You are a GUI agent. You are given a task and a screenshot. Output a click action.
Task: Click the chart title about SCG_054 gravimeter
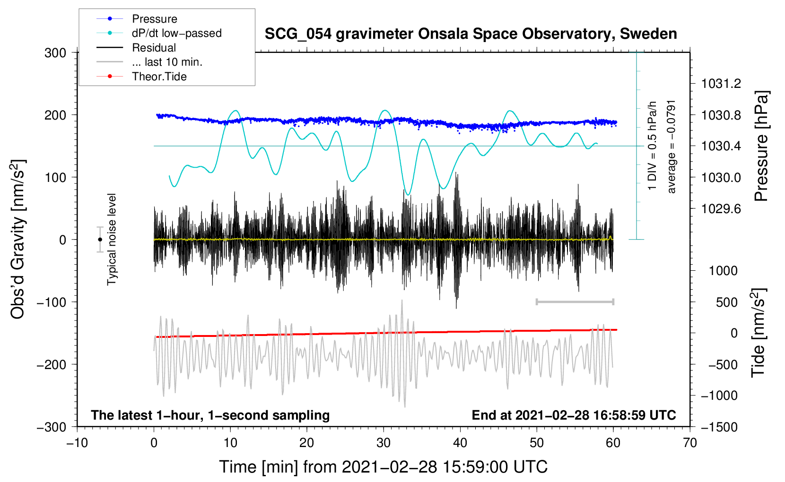(x=471, y=34)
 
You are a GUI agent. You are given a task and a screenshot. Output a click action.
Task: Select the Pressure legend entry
(x=154, y=19)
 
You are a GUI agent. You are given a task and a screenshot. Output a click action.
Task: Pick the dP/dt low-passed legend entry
(x=176, y=33)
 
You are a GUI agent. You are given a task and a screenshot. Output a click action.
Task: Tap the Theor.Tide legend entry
(x=159, y=77)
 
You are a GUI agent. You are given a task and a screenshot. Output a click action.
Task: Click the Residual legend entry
(x=154, y=48)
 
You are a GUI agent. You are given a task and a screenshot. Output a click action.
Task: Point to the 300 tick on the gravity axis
(x=55, y=52)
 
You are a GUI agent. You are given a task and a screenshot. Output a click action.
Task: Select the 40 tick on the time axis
(x=460, y=443)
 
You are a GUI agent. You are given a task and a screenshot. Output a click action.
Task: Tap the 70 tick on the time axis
(x=690, y=443)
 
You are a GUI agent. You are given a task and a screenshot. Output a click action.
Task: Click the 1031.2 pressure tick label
(x=721, y=84)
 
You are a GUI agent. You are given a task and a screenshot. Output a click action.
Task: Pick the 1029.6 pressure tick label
(x=721, y=208)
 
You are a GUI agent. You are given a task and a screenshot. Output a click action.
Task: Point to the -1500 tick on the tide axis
(x=719, y=427)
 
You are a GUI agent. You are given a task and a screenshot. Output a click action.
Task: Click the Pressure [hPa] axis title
(x=761, y=146)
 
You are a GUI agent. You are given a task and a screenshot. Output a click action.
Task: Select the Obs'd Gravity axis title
(x=18, y=239)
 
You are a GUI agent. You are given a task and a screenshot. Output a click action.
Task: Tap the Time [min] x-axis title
(x=383, y=467)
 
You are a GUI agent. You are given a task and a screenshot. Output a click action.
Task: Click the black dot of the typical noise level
(x=100, y=240)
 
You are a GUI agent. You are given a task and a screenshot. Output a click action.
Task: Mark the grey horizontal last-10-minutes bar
(x=575, y=301)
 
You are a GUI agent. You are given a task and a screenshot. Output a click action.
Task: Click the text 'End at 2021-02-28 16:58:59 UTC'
(x=574, y=415)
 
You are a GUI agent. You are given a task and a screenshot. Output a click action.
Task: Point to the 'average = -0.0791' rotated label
(x=672, y=146)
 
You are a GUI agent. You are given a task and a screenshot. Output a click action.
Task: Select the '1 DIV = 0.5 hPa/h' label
(x=653, y=146)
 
